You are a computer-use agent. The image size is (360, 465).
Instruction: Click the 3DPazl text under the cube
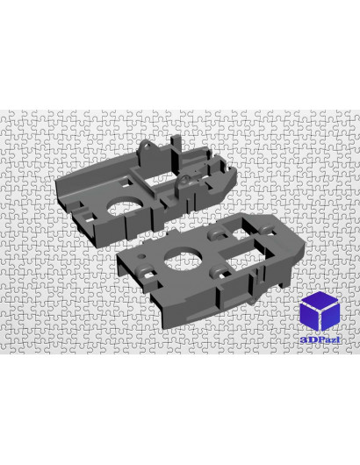(320, 340)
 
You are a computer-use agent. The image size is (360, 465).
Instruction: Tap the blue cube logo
(320, 311)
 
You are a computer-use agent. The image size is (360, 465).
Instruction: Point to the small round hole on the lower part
(142, 255)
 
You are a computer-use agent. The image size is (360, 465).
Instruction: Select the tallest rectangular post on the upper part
(176, 154)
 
